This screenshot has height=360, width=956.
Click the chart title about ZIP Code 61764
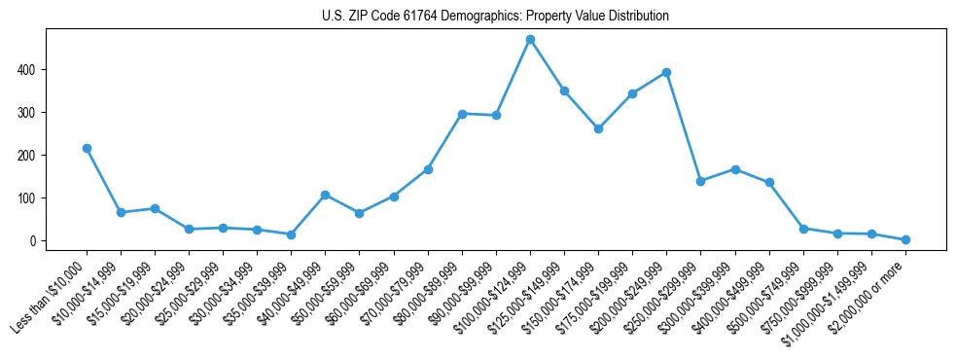[x=495, y=17]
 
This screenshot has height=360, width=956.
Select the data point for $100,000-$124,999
[x=530, y=40]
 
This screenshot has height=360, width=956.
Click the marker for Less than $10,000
[x=87, y=148]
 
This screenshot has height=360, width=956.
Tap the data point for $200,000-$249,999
[x=666, y=72]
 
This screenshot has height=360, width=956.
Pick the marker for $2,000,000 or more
[x=905, y=239]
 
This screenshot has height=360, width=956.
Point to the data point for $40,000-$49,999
[x=326, y=195]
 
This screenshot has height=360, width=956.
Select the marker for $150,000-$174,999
[x=598, y=128]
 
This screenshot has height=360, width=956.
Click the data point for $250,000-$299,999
[x=700, y=181]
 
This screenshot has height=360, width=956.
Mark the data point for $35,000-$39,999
[x=291, y=234]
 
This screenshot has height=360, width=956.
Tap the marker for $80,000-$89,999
[x=462, y=114]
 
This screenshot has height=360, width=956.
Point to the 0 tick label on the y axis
[x=33, y=241]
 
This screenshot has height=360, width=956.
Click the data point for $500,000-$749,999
[x=803, y=229]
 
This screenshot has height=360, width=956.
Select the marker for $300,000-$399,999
[x=735, y=169]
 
